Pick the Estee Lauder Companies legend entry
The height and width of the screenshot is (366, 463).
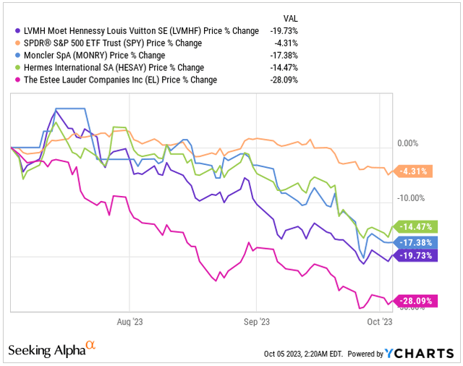120,80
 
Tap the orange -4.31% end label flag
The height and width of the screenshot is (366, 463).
415,171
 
